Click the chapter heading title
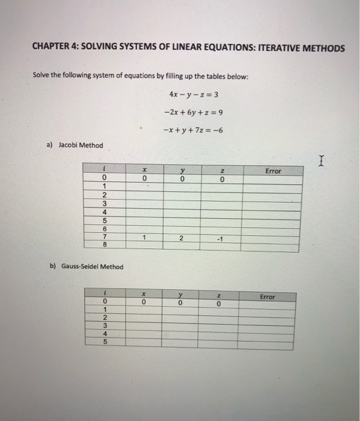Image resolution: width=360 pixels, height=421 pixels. (188, 48)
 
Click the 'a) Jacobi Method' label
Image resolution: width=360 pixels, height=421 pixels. (76, 145)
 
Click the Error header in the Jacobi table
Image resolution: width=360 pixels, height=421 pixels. (273, 171)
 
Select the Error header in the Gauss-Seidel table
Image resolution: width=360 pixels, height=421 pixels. (267, 297)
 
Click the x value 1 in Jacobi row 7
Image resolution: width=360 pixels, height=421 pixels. (144, 238)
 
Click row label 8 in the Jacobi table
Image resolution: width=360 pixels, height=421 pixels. (105, 246)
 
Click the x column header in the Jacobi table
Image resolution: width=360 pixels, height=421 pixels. (144, 171)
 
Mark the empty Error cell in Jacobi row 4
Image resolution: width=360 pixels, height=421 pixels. (273, 212)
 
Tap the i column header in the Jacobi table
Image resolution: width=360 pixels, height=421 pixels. (105, 171)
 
